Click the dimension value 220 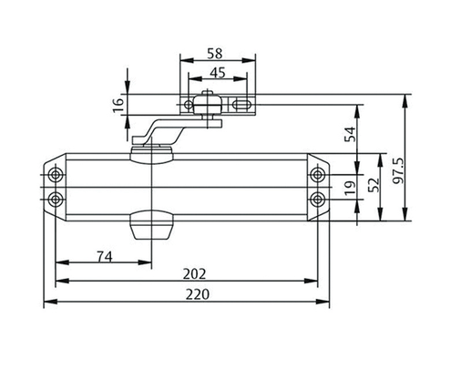pos(192,294)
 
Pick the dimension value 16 pos(118,106)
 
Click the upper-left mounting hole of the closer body pos(56,174)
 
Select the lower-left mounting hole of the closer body pos(56,198)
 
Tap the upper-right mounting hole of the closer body pos(318,174)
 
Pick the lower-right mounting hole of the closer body pos(318,198)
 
